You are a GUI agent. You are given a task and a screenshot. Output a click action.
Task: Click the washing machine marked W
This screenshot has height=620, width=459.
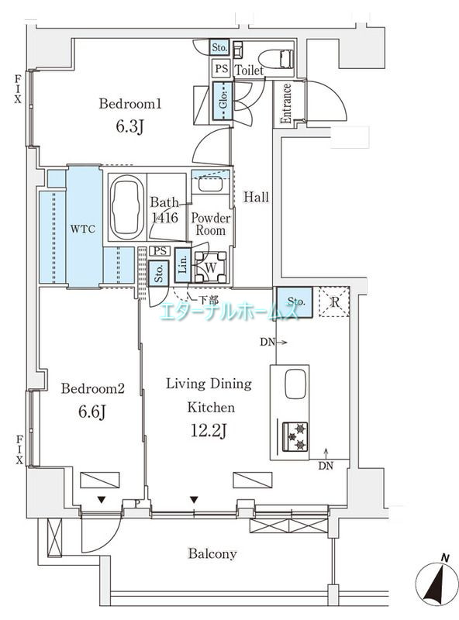(x=210, y=266)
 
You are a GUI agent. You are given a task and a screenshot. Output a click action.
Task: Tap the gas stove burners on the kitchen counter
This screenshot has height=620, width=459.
(x=295, y=436)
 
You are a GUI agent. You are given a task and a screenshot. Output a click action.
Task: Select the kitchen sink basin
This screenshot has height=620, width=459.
(x=295, y=384)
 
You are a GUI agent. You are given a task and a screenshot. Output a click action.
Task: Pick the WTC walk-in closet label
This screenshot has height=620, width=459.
(x=84, y=229)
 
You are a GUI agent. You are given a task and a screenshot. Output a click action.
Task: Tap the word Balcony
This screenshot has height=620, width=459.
(x=212, y=554)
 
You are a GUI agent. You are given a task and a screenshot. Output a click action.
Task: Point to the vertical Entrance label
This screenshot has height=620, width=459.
(x=285, y=104)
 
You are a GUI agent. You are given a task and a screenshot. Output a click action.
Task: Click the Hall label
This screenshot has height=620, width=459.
(x=257, y=198)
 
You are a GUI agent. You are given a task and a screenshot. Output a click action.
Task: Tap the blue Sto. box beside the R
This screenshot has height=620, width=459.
(x=295, y=301)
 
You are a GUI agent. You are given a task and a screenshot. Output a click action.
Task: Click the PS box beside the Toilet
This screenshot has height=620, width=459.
(x=220, y=69)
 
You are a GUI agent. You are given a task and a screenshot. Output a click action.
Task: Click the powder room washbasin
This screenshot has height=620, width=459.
(x=210, y=184)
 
